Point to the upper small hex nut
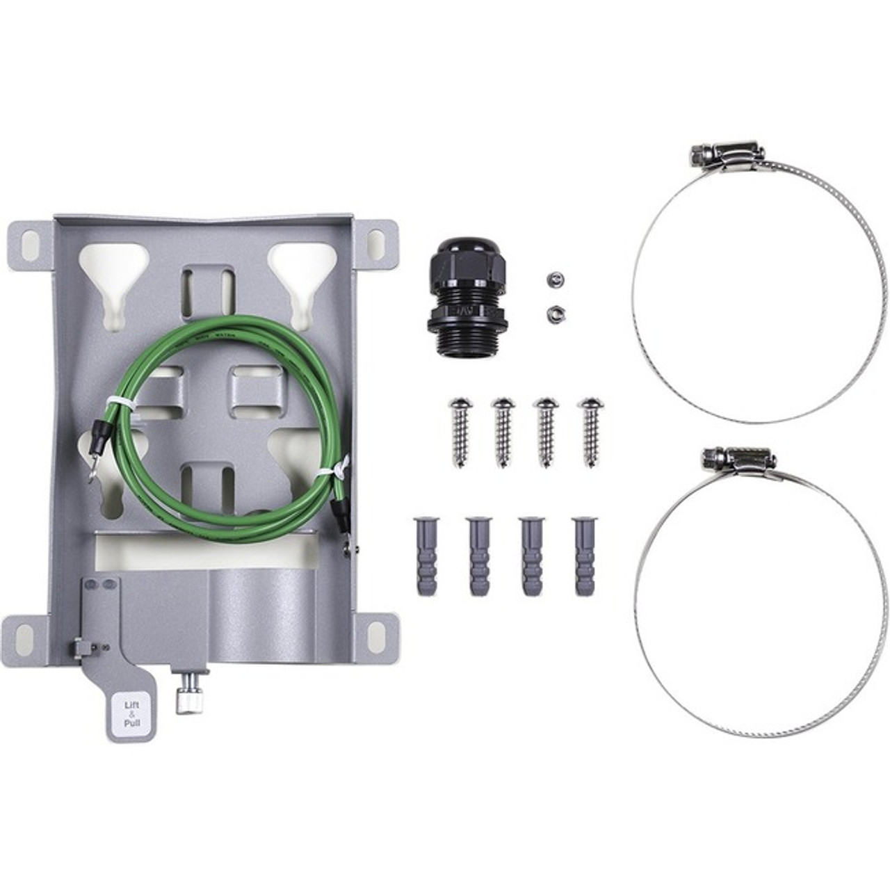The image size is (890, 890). (x=554, y=280)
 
